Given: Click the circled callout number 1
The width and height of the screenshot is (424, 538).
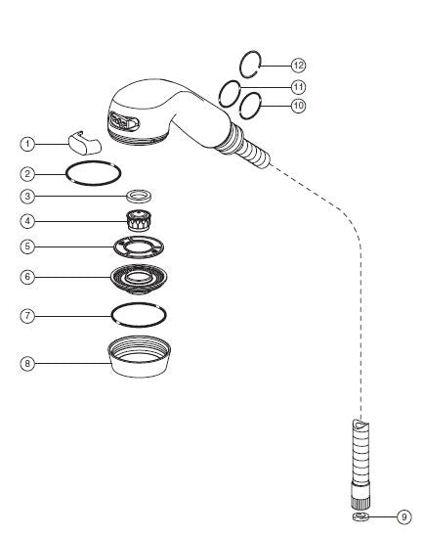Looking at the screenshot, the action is pyautogui.click(x=27, y=144).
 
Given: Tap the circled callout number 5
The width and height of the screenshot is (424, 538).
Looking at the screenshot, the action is pyautogui.click(x=27, y=247).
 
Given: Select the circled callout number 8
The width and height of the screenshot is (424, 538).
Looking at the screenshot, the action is pyautogui.click(x=27, y=363).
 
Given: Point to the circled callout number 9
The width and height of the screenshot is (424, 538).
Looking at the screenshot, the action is pyautogui.click(x=404, y=516).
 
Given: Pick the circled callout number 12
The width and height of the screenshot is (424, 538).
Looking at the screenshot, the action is pyautogui.click(x=298, y=66).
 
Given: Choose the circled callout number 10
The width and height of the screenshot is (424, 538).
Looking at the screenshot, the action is pyautogui.click(x=298, y=106).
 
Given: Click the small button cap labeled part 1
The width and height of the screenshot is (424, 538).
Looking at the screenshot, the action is pyautogui.click(x=85, y=143).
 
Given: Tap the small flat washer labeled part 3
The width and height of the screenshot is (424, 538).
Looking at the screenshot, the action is pyautogui.click(x=139, y=197).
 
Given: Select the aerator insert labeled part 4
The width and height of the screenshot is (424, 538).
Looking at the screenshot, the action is pyautogui.click(x=139, y=220).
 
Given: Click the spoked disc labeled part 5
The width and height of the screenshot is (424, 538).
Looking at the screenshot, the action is pyautogui.click(x=139, y=247).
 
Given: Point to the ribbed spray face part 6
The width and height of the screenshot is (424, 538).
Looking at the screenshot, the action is pyautogui.click(x=139, y=279).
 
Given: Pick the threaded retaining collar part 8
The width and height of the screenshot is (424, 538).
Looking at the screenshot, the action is pyautogui.click(x=139, y=357).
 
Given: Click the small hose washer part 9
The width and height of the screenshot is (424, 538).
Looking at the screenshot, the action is pyautogui.click(x=360, y=516).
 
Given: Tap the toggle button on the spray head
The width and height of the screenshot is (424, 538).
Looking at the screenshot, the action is pyautogui.click(x=124, y=122).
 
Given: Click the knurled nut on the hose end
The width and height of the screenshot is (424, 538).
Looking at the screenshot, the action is pyautogui.click(x=360, y=495).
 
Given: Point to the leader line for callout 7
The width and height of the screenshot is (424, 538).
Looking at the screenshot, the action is pyautogui.click(x=73, y=316).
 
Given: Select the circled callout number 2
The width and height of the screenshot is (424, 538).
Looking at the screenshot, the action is pyautogui.click(x=27, y=174).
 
